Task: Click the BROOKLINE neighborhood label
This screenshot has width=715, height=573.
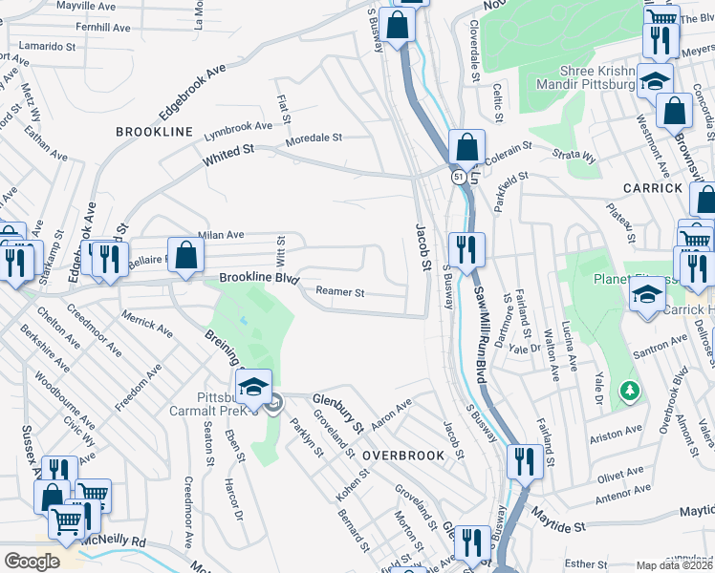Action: (x=155, y=131)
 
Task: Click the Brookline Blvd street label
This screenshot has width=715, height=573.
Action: (x=252, y=277)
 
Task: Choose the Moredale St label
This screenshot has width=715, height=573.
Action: (x=314, y=138)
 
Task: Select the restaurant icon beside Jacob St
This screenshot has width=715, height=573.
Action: (x=466, y=251)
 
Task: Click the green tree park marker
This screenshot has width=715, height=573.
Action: (x=629, y=391)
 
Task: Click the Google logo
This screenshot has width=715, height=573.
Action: (x=32, y=561)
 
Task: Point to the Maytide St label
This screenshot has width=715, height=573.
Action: (x=558, y=526)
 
